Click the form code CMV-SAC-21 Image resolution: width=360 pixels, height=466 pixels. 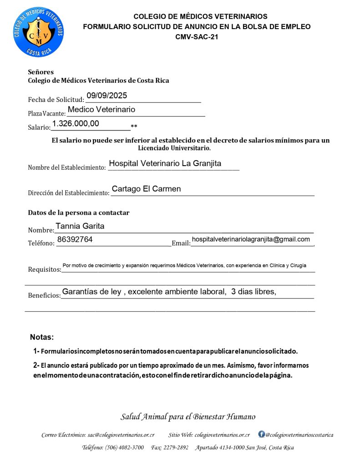pos(197,37)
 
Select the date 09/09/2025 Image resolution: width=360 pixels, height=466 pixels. pos(107,96)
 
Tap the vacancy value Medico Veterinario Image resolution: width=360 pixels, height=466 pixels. pos(101,110)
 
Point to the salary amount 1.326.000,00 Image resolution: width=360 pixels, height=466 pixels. pos(76,123)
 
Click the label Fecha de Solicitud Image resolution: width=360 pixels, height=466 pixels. pos(56,100)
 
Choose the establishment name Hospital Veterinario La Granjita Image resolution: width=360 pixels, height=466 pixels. pos(165,164)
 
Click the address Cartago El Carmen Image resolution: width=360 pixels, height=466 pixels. pos(146,189)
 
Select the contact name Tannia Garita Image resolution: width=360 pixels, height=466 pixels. pos(80,226)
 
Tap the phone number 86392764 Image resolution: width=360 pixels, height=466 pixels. pos(75,239)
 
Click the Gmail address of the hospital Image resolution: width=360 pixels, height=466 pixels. pos(251,239)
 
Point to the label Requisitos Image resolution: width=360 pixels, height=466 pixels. pos(44,269)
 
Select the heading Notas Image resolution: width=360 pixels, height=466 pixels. pos(42,337)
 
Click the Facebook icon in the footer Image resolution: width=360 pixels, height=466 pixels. pos(261,434)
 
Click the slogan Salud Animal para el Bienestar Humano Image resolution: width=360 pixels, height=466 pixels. pos(188,416)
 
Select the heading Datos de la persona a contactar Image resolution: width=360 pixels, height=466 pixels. pos(79,213)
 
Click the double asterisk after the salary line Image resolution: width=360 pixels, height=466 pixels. pos(134,127)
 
